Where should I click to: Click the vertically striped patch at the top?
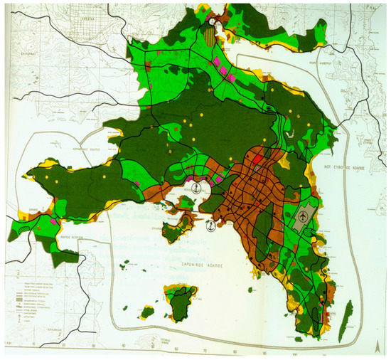click(211, 33)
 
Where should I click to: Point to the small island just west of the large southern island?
click(149, 311)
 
